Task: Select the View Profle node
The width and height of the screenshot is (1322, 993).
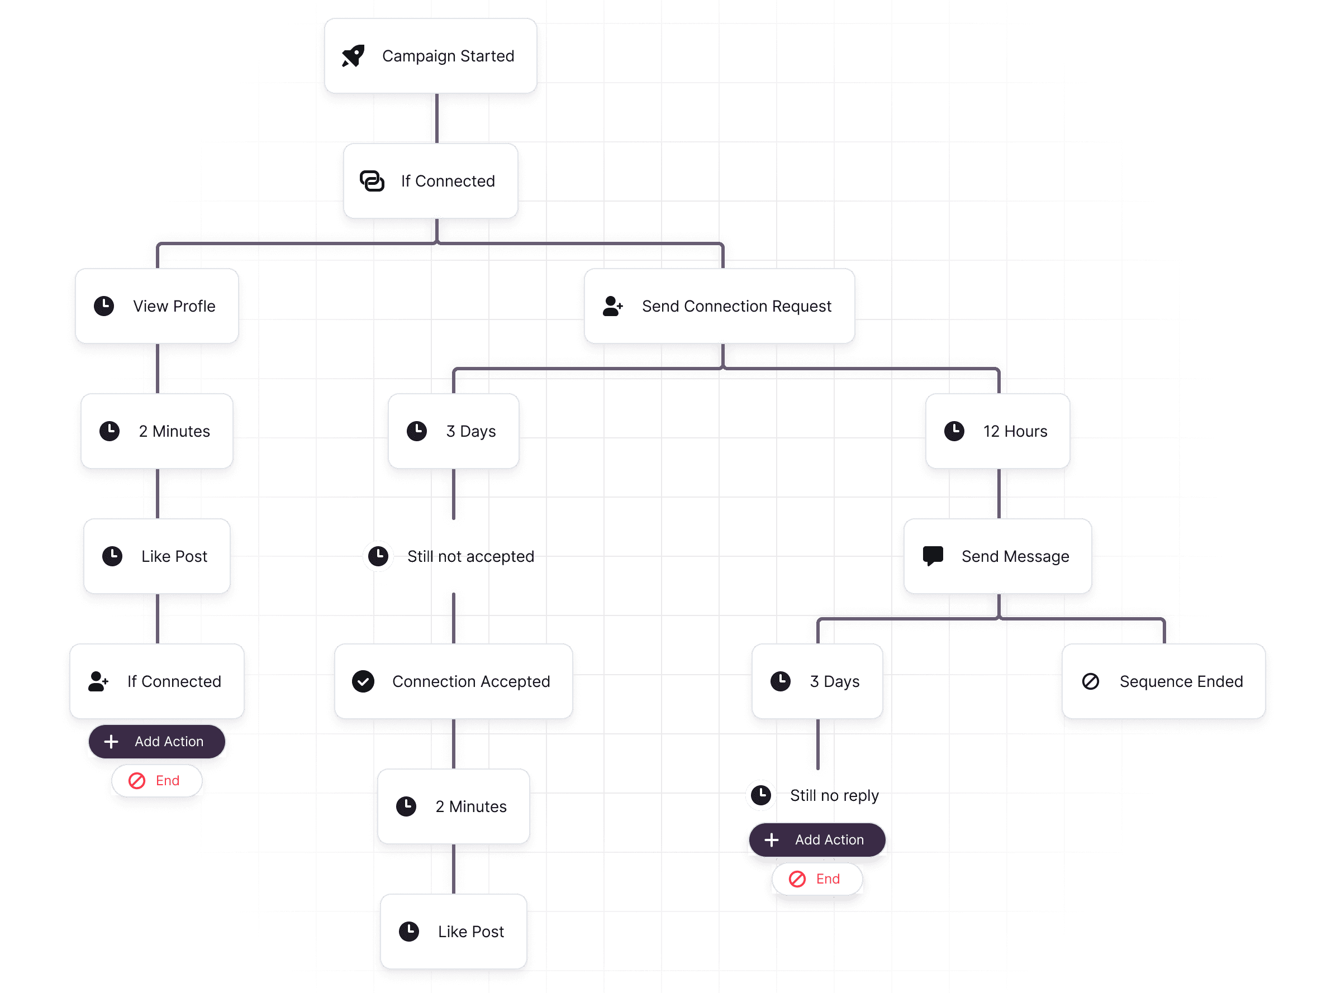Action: coord(156,306)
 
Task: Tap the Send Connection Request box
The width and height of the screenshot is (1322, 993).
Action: coord(719,306)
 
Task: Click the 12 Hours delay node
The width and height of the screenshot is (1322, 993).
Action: coord(997,431)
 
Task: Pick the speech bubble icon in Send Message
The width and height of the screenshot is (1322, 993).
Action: coord(933,556)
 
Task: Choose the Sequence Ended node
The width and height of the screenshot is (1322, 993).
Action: coord(1163,681)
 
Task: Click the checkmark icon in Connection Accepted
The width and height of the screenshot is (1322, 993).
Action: coord(363,681)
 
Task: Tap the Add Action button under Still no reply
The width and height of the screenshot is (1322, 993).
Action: coord(816,839)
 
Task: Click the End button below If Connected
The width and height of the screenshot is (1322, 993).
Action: coord(156,780)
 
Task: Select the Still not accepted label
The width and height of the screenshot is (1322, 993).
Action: coord(470,556)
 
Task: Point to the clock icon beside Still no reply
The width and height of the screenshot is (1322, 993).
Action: coord(761,795)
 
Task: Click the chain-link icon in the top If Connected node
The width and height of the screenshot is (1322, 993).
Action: coord(372,180)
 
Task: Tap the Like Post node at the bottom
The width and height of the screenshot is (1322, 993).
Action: coord(453,931)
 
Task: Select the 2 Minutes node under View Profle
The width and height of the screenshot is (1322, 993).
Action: coord(156,431)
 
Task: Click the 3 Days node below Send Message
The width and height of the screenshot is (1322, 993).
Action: coord(816,681)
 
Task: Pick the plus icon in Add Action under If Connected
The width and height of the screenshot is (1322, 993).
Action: coord(111,742)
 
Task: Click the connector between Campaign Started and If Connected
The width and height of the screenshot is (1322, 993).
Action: coord(437,118)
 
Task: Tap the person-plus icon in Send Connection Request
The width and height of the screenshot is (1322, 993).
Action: coord(612,306)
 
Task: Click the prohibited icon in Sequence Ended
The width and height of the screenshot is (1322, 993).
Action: coord(1090,681)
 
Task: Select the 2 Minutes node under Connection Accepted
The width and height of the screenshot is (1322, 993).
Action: coord(453,806)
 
